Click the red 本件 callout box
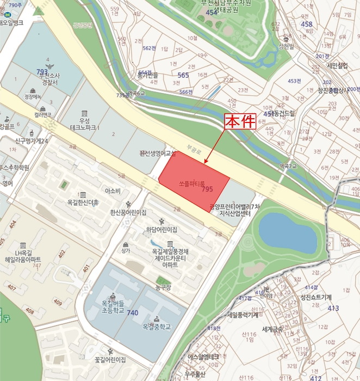240,122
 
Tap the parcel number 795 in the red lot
207,189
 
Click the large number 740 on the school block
132,314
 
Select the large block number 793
42,71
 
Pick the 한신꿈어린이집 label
128,212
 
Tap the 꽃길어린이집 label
110,359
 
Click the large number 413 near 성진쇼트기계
333,308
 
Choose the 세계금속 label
272,329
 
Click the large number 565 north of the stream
183,75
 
